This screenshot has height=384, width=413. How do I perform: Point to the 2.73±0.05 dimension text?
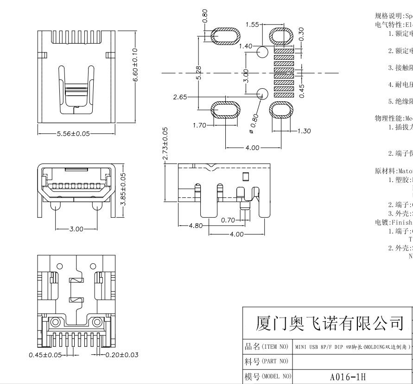pyautogui.click(x=165, y=144)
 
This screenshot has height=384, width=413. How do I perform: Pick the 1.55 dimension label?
pyautogui.click(x=252, y=25)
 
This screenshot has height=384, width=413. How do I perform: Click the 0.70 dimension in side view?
pyautogui.click(x=228, y=220)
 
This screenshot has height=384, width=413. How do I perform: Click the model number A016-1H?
pyautogui.click(x=348, y=377)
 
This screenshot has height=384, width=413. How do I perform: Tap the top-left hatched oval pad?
pyautogui.click(x=226, y=36)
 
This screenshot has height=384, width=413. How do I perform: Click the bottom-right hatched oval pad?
pyautogui.click(x=283, y=111)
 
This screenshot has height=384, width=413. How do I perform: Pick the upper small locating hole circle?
pyautogui.click(x=262, y=52)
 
